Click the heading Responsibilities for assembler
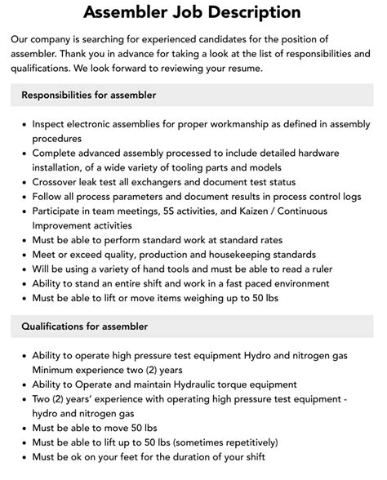pyautogui.click(x=88, y=95)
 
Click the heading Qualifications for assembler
pyautogui.click(x=85, y=327)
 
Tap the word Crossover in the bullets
pyautogui.click(x=59, y=182)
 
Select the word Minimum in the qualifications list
pyautogui.click(x=56, y=370)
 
